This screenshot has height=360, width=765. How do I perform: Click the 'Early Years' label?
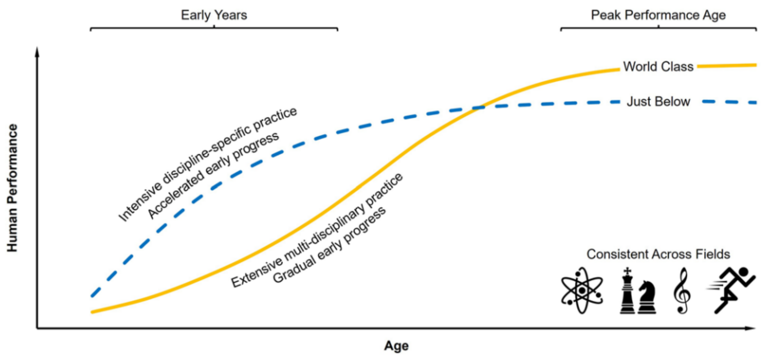(214, 15)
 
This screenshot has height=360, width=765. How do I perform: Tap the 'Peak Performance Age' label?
(658, 15)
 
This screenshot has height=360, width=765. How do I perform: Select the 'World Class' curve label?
(658, 67)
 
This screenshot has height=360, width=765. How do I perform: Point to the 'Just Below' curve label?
(658, 102)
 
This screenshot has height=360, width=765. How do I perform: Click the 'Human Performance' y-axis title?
(13, 188)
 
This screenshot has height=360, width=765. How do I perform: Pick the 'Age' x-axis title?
(396, 346)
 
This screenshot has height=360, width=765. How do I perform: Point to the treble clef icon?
(682, 290)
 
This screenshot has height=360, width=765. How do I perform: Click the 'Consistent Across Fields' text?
(658, 254)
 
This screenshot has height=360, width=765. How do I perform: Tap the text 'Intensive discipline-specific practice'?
(208, 164)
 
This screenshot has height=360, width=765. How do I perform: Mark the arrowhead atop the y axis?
(37, 51)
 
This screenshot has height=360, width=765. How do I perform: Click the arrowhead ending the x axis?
(752, 329)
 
